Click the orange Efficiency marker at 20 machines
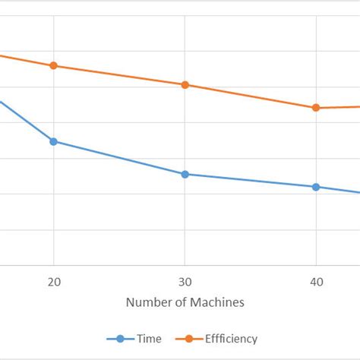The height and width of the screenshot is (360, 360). coord(53,65)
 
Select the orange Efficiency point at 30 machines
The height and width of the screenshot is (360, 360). coord(185,84)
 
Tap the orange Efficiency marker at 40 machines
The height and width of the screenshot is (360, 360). coord(317,108)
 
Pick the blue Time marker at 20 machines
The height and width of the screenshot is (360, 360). coord(53,141)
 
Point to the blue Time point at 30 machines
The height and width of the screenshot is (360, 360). coord(185,174)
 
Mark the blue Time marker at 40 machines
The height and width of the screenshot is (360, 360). coord(317,187)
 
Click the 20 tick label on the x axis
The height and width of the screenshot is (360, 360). coord(53,281)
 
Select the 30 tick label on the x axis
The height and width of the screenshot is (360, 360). coord(185,281)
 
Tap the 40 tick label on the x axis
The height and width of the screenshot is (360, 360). coord(317,281)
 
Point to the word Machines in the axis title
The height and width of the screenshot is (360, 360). coord(217,303)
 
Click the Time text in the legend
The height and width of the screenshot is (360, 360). coord(149,339)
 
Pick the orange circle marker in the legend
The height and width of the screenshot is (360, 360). coord(187,339)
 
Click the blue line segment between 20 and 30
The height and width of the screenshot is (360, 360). coord(118,158)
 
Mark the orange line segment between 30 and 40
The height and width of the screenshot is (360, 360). coord(251,96)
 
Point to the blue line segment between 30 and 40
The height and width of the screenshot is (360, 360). coord(251,181)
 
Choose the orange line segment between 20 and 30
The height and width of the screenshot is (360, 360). coord(118,75)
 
